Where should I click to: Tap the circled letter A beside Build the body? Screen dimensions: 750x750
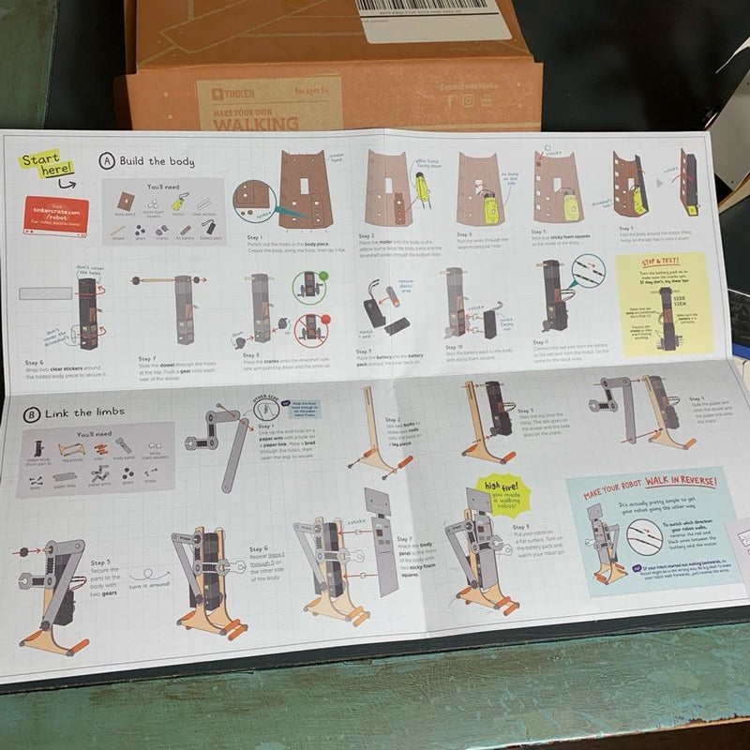[108, 160]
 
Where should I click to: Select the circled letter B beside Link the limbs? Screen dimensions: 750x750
[33, 413]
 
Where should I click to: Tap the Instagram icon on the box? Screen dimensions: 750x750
[468, 100]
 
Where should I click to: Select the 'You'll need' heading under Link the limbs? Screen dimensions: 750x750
[97, 435]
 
